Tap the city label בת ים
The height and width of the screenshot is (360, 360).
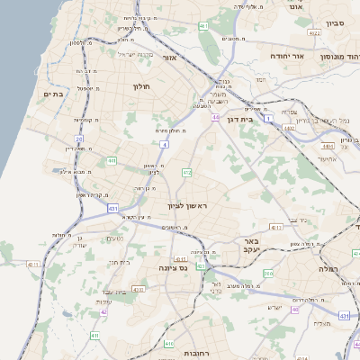pos(51,93)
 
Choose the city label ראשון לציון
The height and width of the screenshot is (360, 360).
pos(186,206)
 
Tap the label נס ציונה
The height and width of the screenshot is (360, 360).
pos(171,267)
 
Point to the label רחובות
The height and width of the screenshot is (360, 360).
pos(195,353)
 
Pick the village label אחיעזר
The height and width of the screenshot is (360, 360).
pos(326,159)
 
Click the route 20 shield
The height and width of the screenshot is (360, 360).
pos(79,139)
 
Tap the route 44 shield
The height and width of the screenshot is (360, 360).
pos(215,117)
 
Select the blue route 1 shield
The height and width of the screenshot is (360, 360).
pos(268,118)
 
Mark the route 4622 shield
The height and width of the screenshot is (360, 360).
pos(313,33)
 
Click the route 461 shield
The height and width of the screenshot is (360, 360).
pos(203,25)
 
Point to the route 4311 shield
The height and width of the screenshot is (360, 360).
pos(33,265)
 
